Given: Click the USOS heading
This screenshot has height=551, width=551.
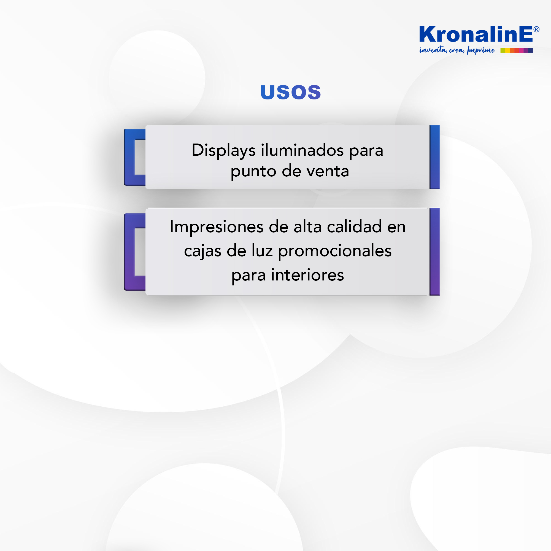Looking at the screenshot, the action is (x=291, y=92).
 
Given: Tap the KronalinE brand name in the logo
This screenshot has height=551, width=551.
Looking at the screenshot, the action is (x=476, y=34).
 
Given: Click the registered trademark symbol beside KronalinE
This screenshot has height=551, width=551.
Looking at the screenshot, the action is (x=536, y=29).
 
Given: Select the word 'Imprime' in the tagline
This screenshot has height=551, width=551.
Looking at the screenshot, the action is (x=481, y=50).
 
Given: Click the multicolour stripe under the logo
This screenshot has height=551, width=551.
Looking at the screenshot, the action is (x=517, y=50).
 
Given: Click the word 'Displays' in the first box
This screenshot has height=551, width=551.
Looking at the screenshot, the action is (x=224, y=150).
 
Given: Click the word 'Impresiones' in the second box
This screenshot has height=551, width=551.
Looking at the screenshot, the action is (x=217, y=227).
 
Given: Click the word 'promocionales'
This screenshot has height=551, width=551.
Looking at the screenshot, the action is (x=335, y=251).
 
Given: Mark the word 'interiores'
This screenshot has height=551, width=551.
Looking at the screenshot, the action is (x=307, y=275).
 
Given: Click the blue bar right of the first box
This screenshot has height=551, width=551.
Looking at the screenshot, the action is (x=435, y=157).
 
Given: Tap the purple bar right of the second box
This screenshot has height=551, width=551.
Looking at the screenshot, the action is (x=435, y=252).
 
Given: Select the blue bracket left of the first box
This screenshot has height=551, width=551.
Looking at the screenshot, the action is (x=129, y=157).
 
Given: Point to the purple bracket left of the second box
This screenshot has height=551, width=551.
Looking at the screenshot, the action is (x=129, y=252).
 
